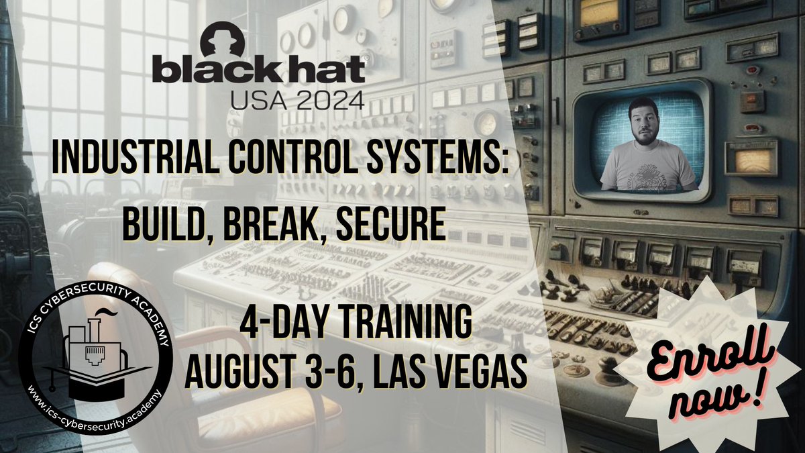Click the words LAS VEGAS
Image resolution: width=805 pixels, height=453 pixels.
pos(453,372)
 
